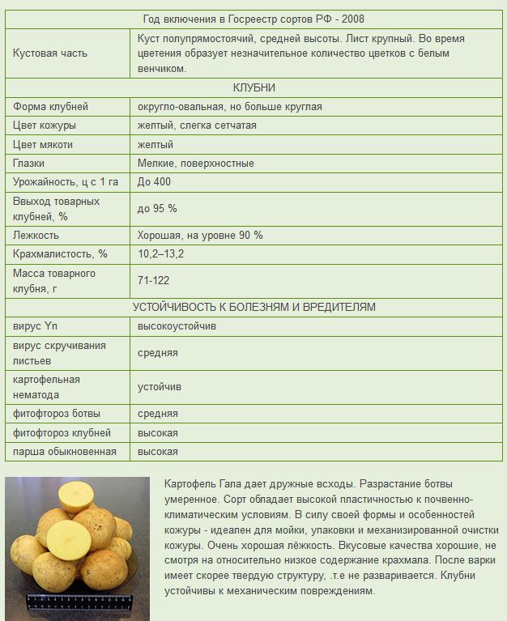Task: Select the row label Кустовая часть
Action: pyautogui.click(x=50, y=53)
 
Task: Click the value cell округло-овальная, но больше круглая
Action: pyautogui.click(x=230, y=106)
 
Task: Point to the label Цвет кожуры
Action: pyautogui.click(x=45, y=125)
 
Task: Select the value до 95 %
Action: pyautogui.click(x=157, y=208)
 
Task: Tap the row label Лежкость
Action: pyautogui.click(x=36, y=235)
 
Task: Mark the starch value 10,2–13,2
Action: pyautogui.click(x=161, y=254)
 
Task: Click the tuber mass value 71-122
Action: pyautogui.click(x=154, y=280)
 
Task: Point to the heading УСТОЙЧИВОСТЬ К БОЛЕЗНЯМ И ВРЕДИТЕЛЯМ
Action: pyautogui.click(x=253, y=307)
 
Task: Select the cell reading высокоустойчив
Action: pyautogui.click(x=177, y=326)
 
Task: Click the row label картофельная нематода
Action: pyautogui.click(x=47, y=387)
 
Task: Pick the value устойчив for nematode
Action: pyautogui.click(x=160, y=387)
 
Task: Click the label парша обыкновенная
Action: pyautogui.click(x=65, y=452)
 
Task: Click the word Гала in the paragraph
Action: pyautogui.click(x=232, y=483)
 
